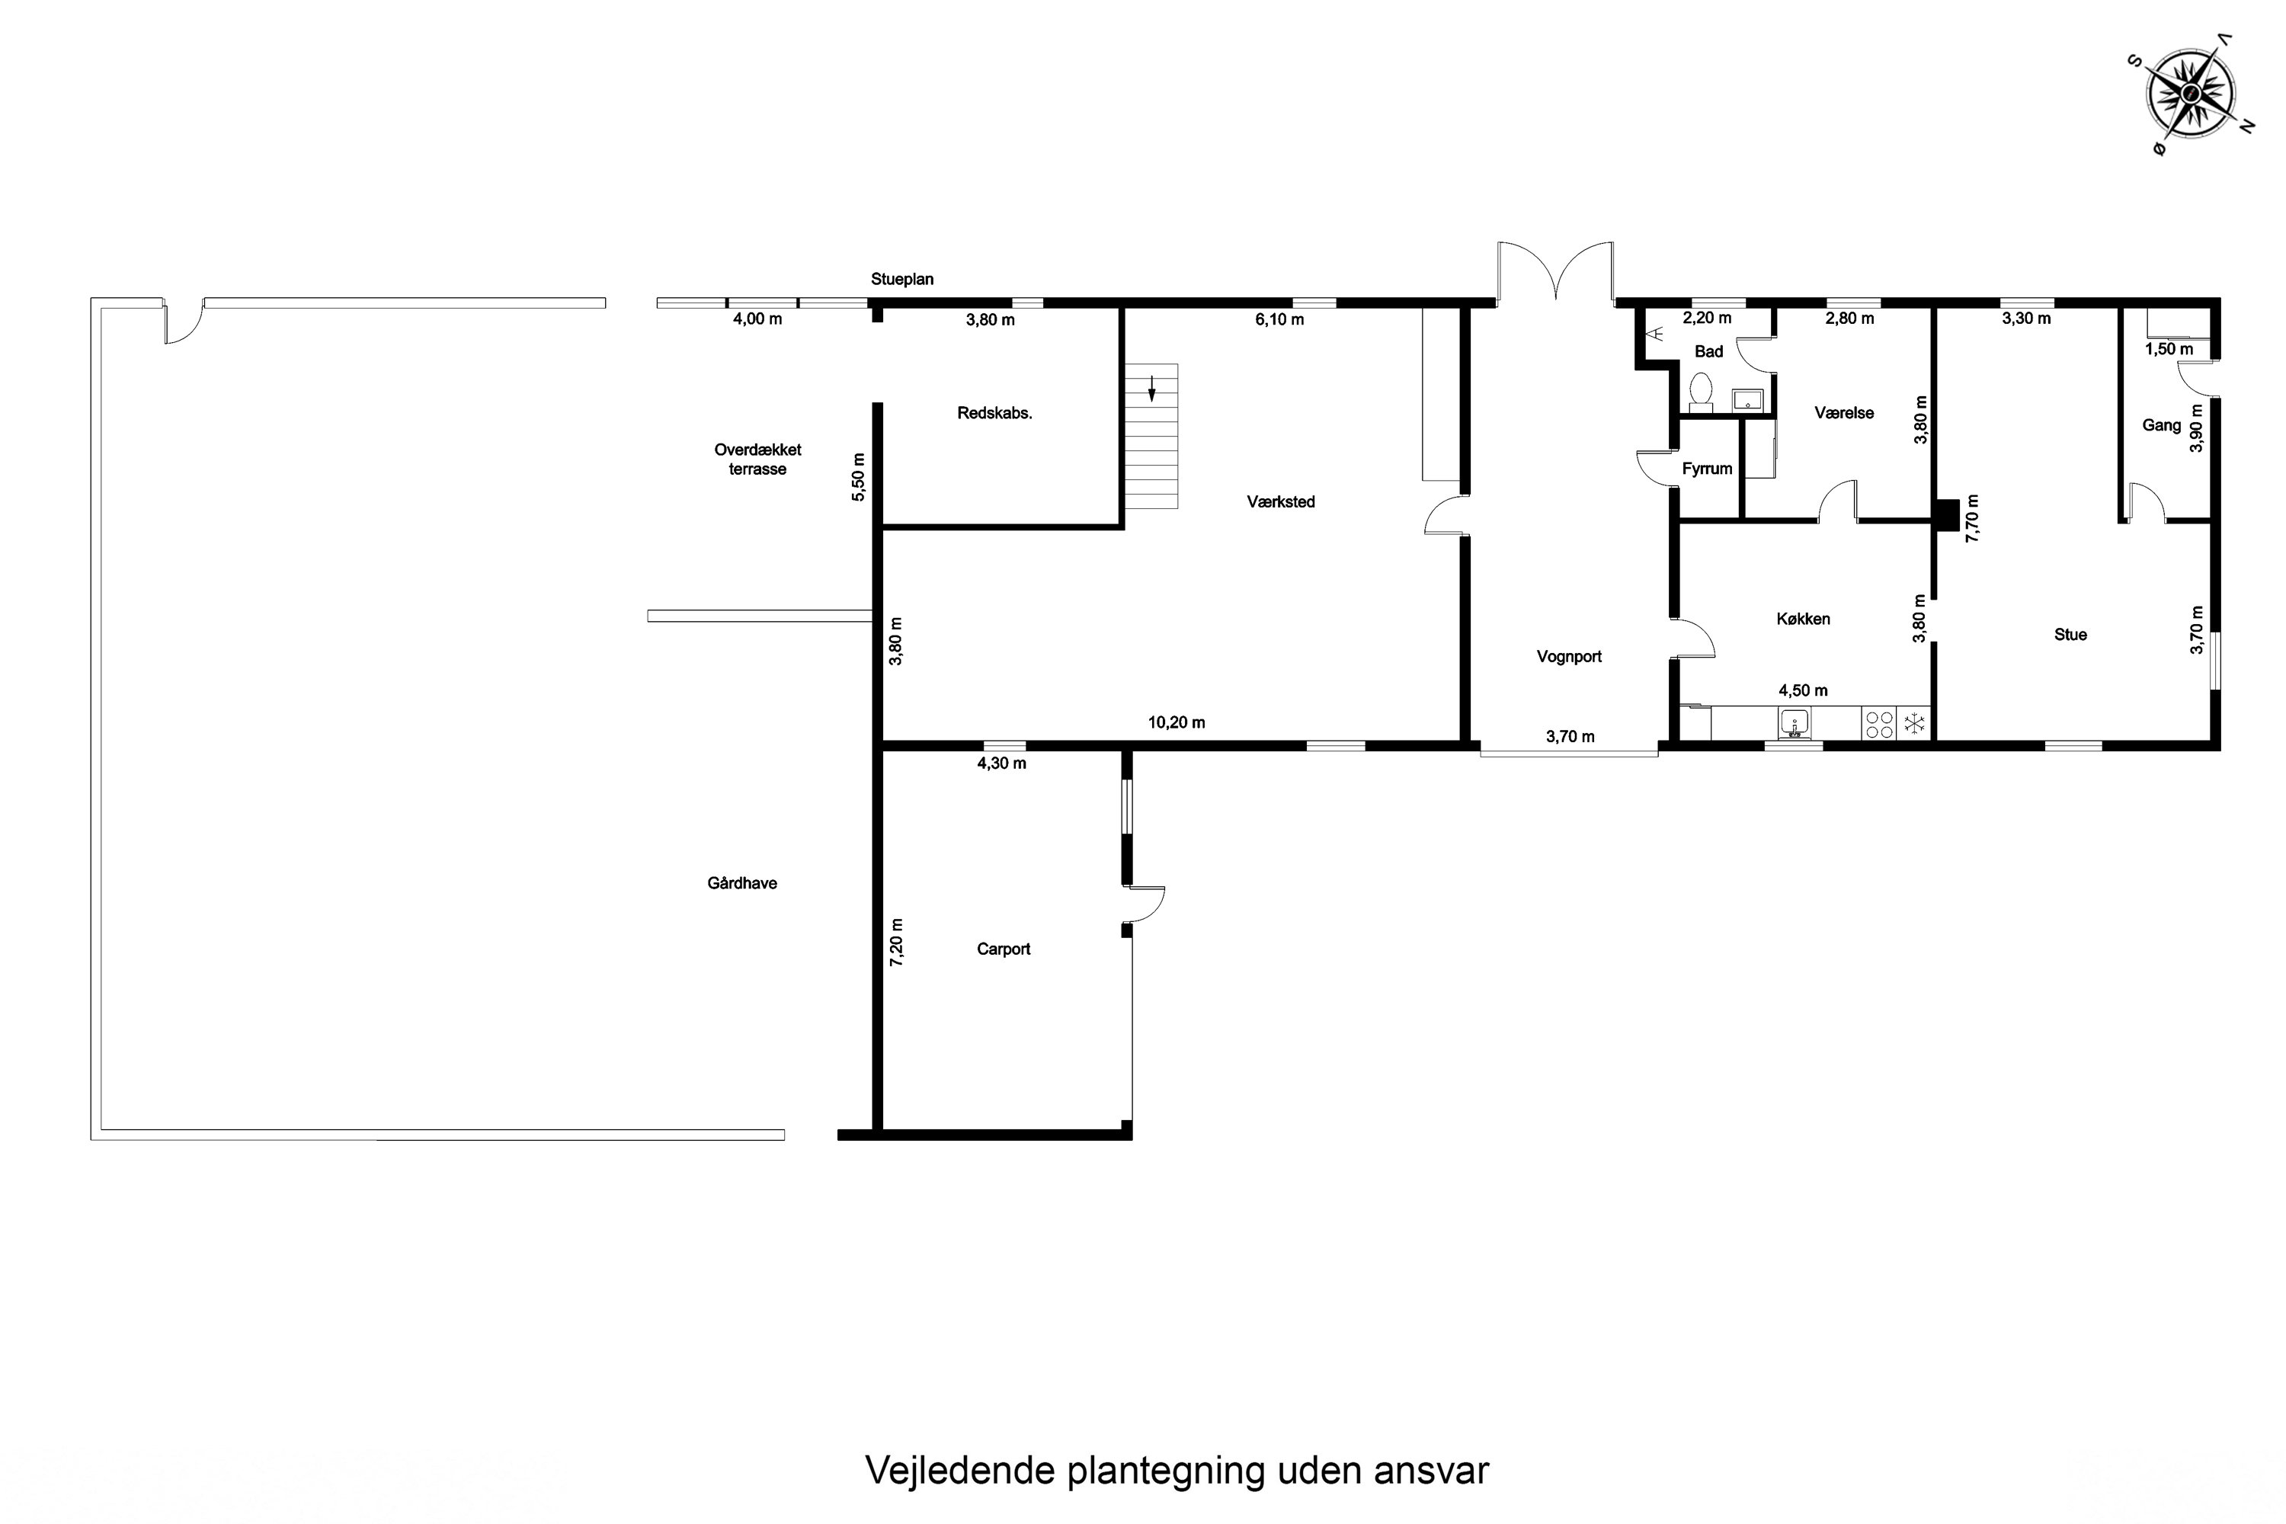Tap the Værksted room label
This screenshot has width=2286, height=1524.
pyautogui.click(x=1281, y=501)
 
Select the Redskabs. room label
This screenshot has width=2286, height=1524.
pyautogui.click(x=994, y=413)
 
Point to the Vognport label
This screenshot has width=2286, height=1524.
pyautogui.click(x=1569, y=657)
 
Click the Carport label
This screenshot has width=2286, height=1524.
pyautogui.click(x=1003, y=949)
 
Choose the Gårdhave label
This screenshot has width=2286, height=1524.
pyautogui.click(x=741, y=883)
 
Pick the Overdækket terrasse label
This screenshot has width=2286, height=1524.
pyautogui.click(x=757, y=459)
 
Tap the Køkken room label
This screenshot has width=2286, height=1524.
pyautogui.click(x=1803, y=619)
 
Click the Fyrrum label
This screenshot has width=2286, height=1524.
pyautogui.click(x=1707, y=469)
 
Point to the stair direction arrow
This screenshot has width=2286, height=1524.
pyautogui.click(x=1151, y=388)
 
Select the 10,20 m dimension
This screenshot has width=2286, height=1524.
pyautogui.click(x=1176, y=723)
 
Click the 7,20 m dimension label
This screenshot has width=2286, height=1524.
pyautogui.click(x=896, y=942)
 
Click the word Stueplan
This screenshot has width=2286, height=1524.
pyautogui.click(x=902, y=280)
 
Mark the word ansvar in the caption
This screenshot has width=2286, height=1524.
pyautogui.click(x=1431, y=1471)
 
